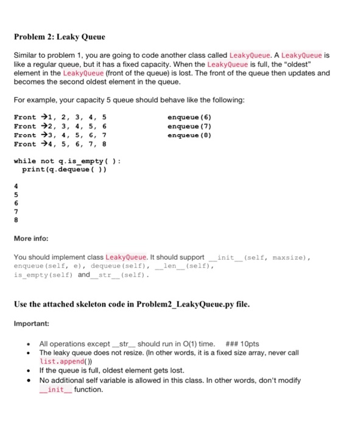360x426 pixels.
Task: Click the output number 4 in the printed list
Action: [x=16, y=186]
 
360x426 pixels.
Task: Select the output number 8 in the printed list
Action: [x=16, y=220]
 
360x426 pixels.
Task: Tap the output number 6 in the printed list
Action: [x=16, y=203]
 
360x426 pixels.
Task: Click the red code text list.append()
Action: [x=66, y=361]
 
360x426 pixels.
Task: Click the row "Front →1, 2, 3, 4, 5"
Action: [x=59, y=116]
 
